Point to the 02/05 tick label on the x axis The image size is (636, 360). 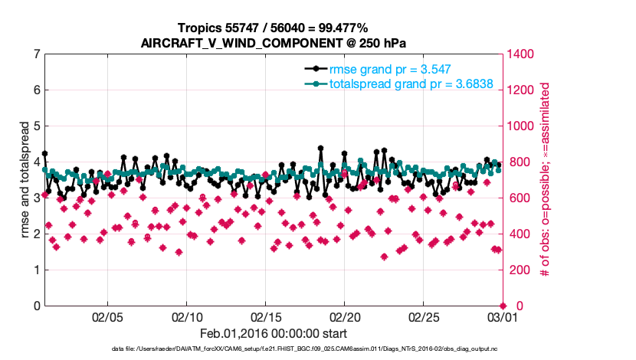click(107, 316)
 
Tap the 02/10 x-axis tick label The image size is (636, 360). click(186, 316)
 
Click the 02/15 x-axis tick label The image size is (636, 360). click(265, 316)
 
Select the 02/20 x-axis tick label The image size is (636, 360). click(344, 316)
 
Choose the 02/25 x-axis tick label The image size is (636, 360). click(423, 316)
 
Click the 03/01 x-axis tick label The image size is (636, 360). click(501, 316)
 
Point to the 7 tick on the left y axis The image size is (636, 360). click(37, 54)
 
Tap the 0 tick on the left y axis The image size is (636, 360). click(37, 306)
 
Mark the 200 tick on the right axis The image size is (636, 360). click(518, 270)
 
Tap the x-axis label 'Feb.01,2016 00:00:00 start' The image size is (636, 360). click(273, 333)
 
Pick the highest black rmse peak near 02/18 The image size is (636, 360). click(320, 149)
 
